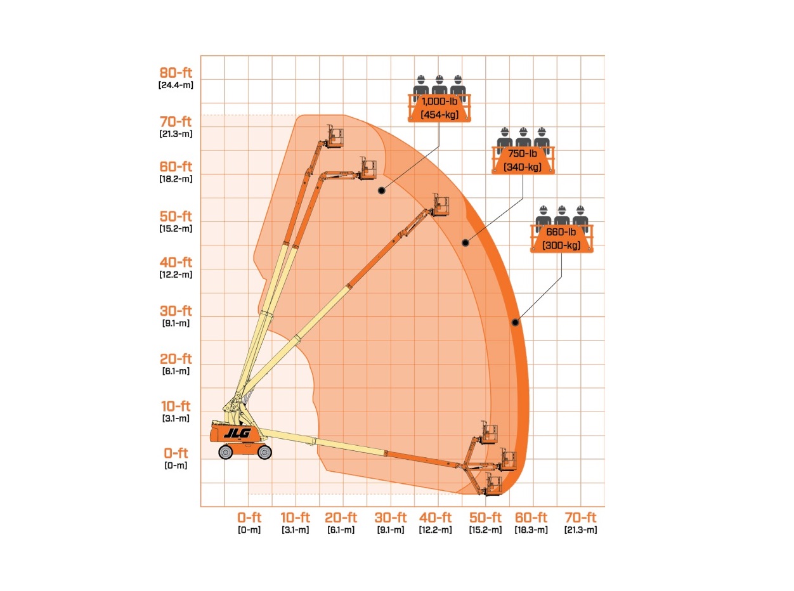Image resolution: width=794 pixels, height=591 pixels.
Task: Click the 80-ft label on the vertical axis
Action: point(176,73)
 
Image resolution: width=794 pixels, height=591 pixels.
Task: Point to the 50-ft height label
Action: point(176,216)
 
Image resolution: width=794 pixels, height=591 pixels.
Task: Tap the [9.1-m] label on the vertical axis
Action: point(176,323)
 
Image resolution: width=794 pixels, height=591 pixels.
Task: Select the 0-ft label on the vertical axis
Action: point(176,453)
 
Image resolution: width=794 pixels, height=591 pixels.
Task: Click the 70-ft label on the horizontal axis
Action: point(580,517)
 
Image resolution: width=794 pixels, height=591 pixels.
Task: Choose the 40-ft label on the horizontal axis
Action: point(435,517)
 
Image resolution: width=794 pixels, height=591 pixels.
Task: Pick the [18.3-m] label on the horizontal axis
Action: point(531,529)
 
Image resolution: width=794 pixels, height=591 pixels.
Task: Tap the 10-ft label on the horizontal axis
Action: point(295,517)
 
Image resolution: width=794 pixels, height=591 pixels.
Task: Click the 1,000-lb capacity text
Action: point(439,101)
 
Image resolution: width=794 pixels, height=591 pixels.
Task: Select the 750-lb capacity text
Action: point(523,153)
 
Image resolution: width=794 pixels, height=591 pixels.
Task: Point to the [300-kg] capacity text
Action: point(561,245)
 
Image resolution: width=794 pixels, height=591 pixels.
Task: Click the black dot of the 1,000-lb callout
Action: point(382,190)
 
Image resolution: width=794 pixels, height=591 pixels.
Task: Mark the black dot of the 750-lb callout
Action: point(465,243)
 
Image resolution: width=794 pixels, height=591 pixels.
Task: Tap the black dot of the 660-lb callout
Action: point(515,322)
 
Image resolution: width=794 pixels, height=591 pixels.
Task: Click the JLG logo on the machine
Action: point(238,434)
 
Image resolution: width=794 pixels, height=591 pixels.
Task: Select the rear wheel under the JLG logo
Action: point(226,452)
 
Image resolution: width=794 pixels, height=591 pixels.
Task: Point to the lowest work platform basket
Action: point(493,484)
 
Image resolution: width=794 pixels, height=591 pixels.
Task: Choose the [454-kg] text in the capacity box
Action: point(439,115)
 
